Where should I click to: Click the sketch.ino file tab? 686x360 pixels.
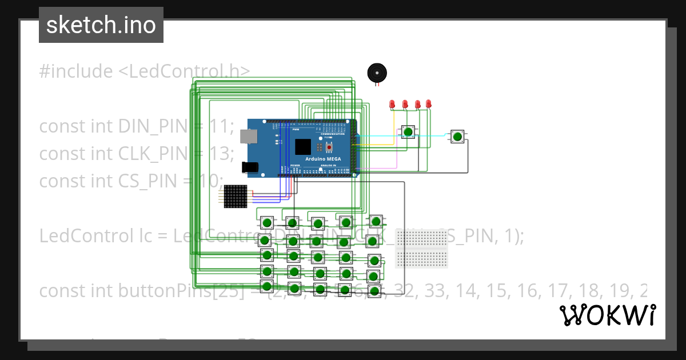point(101,25)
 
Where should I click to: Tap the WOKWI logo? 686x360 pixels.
point(608,315)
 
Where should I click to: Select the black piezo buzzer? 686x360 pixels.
point(377,73)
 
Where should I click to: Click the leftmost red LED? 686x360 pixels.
point(392,104)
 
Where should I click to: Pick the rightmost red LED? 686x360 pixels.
point(429,103)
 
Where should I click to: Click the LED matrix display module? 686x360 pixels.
point(235,196)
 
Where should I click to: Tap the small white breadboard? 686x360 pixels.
point(421,249)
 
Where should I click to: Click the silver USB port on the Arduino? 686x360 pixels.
point(249,136)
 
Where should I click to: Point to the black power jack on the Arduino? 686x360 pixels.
point(250,167)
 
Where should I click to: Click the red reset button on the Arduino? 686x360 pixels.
point(329,146)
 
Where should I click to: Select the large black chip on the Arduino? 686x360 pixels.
point(303,146)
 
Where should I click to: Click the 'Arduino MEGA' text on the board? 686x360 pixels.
point(324,158)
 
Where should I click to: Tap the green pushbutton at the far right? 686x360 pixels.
point(457,136)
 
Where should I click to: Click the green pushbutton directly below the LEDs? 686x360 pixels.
point(408,133)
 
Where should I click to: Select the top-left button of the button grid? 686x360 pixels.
point(267,222)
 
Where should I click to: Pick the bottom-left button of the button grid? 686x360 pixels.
point(266,286)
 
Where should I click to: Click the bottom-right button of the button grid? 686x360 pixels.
point(374,291)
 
